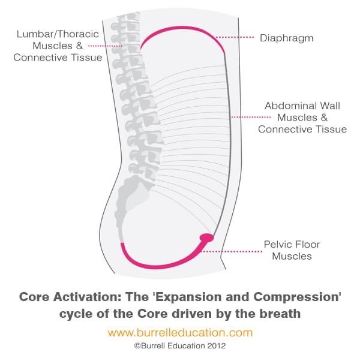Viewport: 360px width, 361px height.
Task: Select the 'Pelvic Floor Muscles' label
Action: tap(292, 250)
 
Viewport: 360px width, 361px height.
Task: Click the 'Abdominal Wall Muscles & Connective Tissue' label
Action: tap(302, 117)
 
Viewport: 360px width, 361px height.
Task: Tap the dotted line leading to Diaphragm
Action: tap(235, 37)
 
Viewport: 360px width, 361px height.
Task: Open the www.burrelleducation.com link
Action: tap(180, 332)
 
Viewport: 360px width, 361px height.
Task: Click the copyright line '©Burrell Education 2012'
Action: tap(180, 346)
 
